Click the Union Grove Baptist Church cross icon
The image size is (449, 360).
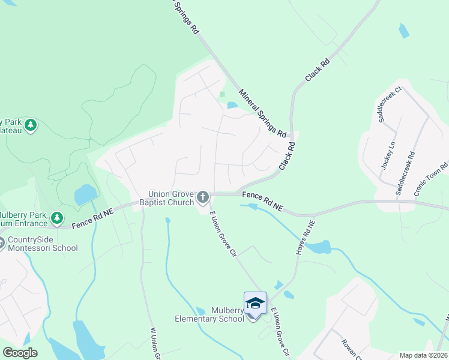pyautogui.click(x=203, y=197)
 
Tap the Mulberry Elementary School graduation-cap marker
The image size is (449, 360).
pyautogui.click(x=255, y=304)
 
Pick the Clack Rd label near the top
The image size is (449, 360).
pyautogui.click(x=318, y=70)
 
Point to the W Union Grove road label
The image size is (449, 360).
pyautogui.click(x=153, y=342)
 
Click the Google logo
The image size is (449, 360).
pyautogui.click(x=20, y=353)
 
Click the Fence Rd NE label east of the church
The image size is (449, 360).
pyautogui.click(x=262, y=200)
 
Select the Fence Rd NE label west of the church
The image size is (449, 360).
pyautogui.click(x=92, y=217)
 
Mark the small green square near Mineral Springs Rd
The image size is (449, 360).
pyautogui.click(x=222, y=94)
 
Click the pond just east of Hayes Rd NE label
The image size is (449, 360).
pyautogui.click(x=322, y=247)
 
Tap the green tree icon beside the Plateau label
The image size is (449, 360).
pyautogui.click(x=31, y=125)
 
